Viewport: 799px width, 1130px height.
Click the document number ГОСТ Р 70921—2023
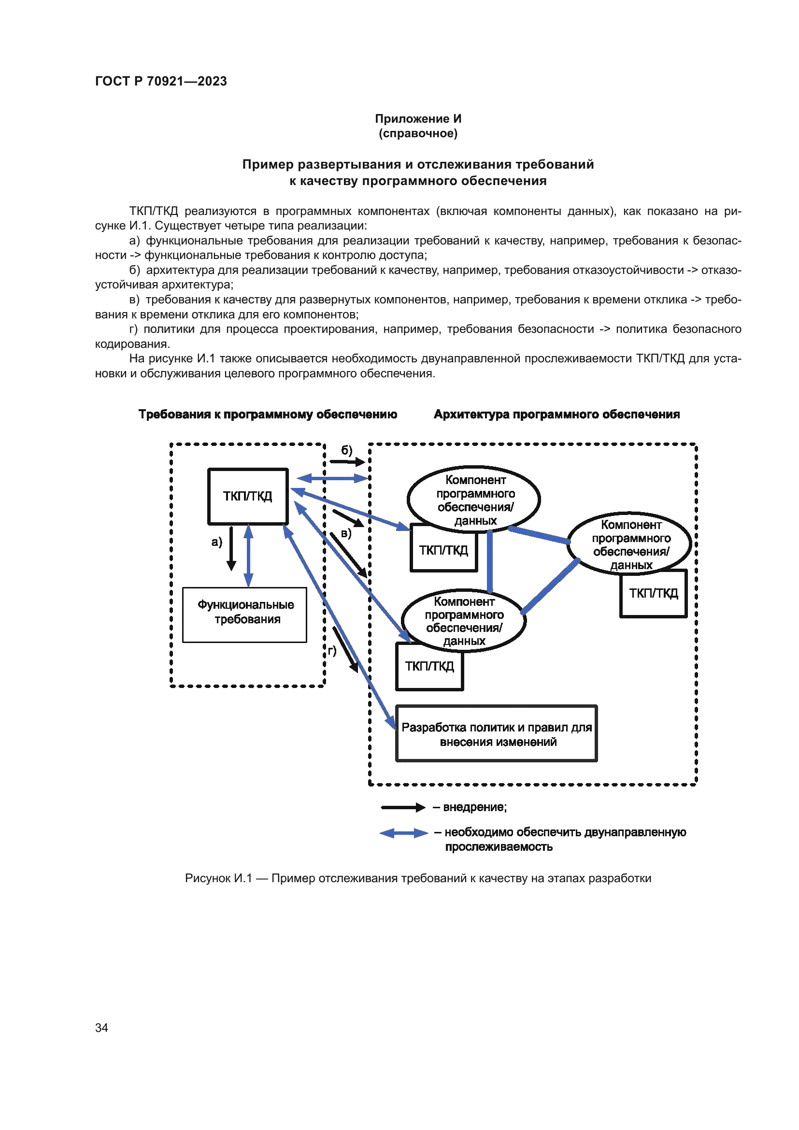click(161, 81)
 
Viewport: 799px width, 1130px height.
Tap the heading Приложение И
click(418, 119)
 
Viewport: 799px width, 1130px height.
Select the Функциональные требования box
click(244, 614)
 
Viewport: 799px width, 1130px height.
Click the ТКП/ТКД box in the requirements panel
click(247, 496)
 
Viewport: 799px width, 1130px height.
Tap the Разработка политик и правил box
click(497, 733)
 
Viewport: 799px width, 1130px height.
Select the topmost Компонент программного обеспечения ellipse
click(474, 499)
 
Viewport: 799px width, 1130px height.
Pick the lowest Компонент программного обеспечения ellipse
click(463, 621)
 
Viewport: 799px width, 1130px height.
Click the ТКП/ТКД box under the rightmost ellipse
click(654, 594)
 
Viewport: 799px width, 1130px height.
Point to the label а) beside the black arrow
click(216, 542)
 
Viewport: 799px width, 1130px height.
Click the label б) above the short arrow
click(347, 450)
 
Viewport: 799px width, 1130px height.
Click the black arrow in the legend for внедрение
click(403, 807)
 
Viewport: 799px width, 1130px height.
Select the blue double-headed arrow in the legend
click(404, 833)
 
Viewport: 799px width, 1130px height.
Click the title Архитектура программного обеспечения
click(556, 415)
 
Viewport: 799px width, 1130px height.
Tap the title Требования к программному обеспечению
click(268, 415)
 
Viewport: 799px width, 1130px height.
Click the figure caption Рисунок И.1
click(418, 878)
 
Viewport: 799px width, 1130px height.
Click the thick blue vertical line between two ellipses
click(489, 561)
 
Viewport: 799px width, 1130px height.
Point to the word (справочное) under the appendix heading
click(418, 133)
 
